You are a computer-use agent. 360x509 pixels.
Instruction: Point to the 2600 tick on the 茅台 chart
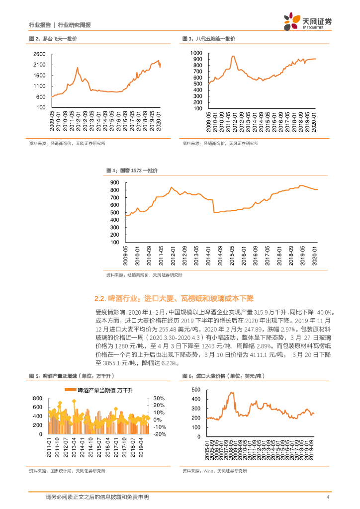[40, 54]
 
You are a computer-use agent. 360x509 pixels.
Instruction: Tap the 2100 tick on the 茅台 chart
[40, 65]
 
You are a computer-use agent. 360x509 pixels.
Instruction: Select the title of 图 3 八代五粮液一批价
[208, 38]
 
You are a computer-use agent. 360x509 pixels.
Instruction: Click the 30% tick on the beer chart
[159, 399]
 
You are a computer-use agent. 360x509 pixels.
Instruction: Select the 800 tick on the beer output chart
[37, 399]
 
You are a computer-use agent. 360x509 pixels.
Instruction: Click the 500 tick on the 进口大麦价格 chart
[195, 391]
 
